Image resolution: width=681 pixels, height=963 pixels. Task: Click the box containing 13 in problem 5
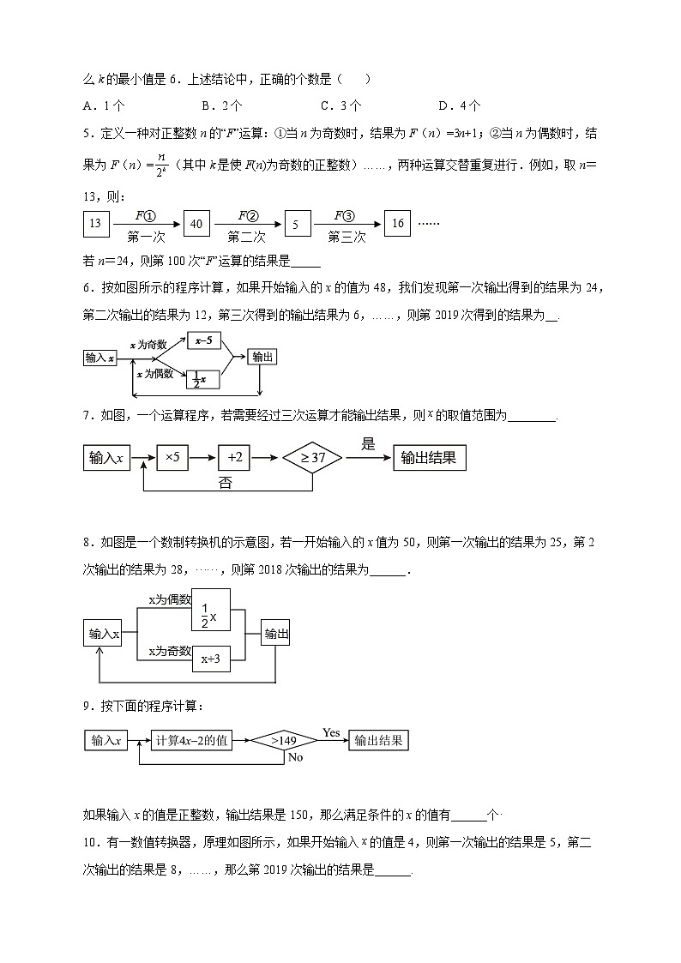click(94, 224)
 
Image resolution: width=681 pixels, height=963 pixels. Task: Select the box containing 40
click(196, 224)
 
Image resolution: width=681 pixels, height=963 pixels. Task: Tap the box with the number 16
click(397, 224)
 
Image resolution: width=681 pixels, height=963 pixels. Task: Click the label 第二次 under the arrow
click(246, 237)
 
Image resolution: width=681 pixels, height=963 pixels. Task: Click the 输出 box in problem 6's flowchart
click(262, 358)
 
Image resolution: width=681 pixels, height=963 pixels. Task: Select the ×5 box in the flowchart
click(172, 458)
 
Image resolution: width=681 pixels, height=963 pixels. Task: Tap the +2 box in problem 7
click(235, 458)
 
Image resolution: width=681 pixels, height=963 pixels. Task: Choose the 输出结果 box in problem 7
click(430, 458)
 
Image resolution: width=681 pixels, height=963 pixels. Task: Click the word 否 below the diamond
click(225, 483)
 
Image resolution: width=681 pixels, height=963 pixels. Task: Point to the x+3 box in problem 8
click(210, 659)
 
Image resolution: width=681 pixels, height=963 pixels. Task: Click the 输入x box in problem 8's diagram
click(101, 635)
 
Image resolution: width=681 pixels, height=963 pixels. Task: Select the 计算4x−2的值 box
click(191, 740)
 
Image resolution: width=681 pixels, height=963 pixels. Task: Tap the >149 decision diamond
click(284, 740)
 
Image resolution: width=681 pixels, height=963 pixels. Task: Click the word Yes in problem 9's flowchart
click(331, 732)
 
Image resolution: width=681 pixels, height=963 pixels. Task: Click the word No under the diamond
click(296, 758)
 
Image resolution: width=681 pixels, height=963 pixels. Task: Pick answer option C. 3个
click(340, 105)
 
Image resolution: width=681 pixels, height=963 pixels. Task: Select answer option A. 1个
click(104, 105)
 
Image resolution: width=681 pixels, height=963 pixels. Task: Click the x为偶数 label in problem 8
click(169, 600)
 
